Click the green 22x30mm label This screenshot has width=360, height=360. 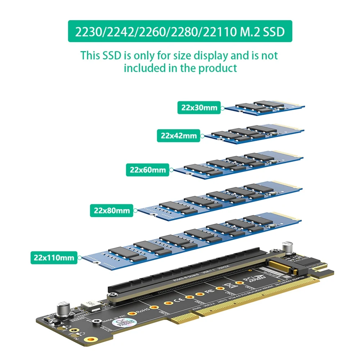[199, 108]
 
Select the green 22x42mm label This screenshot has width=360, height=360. [179, 136]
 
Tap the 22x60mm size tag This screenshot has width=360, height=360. [147, 170]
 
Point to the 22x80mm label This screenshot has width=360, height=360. [111, 210]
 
